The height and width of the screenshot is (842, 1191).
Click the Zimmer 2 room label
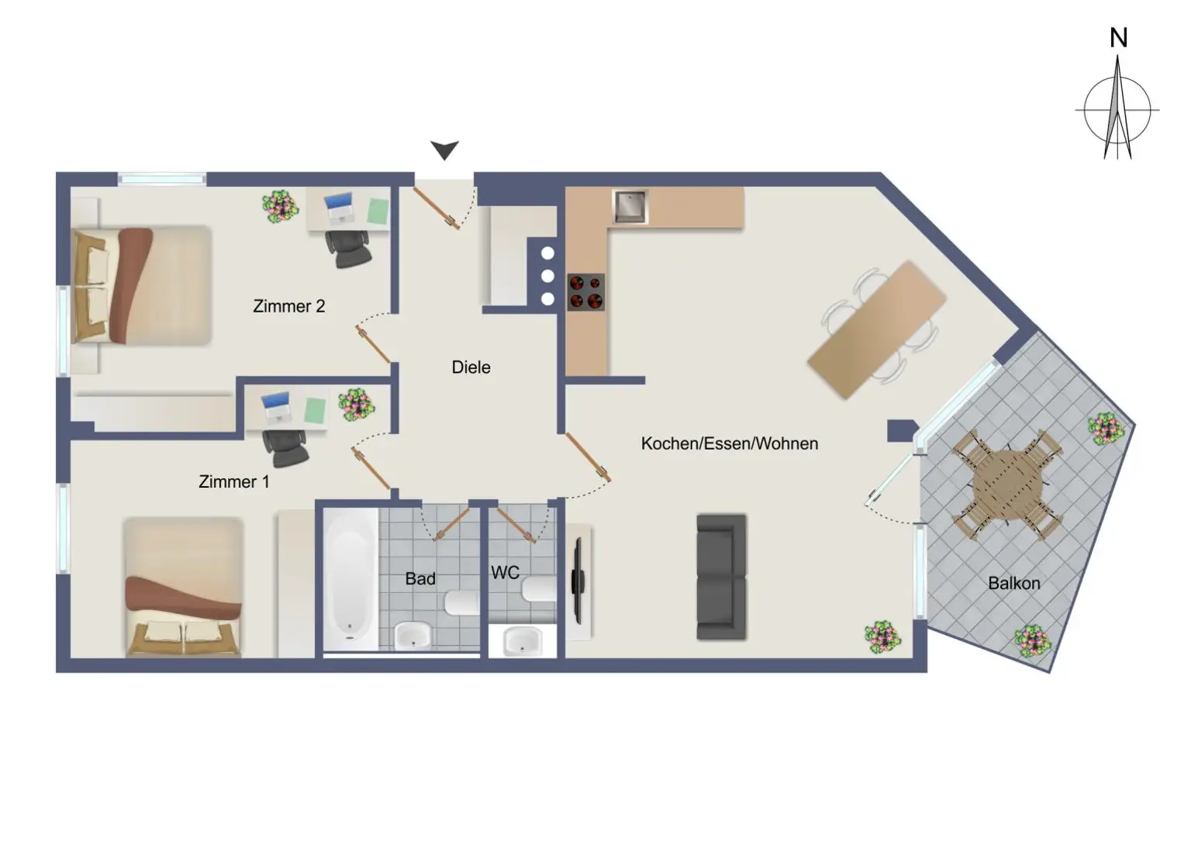288,306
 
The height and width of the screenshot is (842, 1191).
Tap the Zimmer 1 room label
233,481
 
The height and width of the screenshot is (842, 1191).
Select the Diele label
471,368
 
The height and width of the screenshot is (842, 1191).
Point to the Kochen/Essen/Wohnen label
729,443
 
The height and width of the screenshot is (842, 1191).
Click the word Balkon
1013,583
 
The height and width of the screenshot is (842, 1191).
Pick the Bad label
420,578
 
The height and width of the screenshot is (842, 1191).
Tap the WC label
505,573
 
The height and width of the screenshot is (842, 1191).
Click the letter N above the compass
1118,38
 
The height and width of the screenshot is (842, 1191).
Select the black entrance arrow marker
444,150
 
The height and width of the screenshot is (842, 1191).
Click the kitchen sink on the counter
630,206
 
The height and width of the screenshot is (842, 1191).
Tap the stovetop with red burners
585,292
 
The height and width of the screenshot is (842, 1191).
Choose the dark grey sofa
721,577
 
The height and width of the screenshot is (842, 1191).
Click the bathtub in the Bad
350,578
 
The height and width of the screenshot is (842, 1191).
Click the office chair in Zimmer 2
348,250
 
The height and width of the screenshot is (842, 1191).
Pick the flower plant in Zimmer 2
279,206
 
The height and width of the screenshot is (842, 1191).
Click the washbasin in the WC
523,642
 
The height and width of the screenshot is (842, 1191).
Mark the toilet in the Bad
462,602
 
